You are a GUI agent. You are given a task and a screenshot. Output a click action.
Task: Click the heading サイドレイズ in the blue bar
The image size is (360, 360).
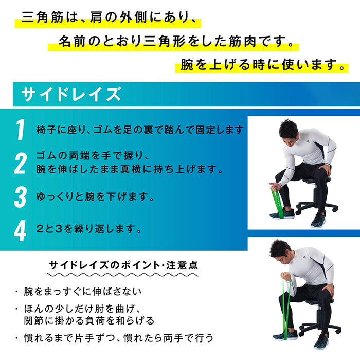[x=71, y=95]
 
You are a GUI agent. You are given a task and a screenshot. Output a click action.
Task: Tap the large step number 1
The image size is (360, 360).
[x=20, y=130]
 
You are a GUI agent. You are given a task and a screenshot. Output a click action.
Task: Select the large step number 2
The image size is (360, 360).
[x=20, y=163]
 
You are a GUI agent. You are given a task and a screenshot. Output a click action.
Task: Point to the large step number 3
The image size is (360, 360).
[x=20, y=197]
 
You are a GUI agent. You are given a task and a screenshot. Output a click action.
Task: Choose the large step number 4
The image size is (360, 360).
[x=20, y=230]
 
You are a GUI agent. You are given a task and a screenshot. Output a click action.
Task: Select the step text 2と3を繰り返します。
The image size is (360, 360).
[x=89, y=229]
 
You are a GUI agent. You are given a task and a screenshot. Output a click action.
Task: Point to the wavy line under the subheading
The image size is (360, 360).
[x=123, y=276]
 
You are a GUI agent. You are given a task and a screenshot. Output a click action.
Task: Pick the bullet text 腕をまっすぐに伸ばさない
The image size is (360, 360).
[x=82, y=292]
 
